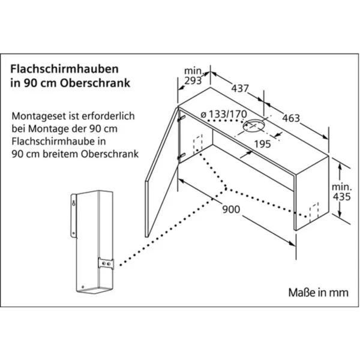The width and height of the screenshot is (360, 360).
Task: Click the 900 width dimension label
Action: [231, 209]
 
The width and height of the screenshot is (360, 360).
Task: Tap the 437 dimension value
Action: [240, 88]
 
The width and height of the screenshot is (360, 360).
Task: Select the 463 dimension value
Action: [291, 118]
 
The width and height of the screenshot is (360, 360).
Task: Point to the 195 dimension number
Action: [263, 144]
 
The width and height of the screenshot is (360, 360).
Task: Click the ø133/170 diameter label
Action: [224, 114]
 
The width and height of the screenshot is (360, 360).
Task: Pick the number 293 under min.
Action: [193, 80]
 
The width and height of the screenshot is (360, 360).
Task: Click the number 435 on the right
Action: [342, 197]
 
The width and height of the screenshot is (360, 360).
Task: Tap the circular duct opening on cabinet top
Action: [254, 126]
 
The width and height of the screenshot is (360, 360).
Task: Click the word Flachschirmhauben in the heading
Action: [65, 69]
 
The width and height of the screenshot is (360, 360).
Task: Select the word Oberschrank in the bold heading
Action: [95, 83]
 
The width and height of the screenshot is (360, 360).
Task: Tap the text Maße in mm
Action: [318, 293]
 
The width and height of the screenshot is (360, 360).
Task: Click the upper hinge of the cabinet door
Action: [181, 118]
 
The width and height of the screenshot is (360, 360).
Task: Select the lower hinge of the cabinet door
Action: [181, 157]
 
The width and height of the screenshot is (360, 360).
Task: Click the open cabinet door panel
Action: [162, 172]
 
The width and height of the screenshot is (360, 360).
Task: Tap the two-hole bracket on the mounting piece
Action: [106, 263]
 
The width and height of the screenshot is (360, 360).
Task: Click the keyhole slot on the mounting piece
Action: [74, 203]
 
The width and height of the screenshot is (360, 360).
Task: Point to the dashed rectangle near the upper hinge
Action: [198, 144]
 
